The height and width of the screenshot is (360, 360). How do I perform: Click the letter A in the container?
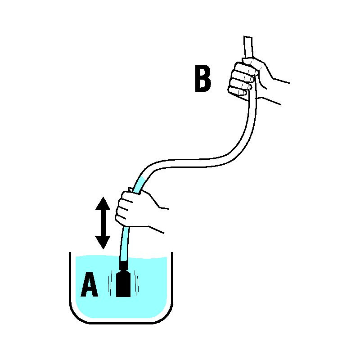(89, 284)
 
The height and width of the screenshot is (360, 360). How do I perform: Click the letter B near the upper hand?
(203, 78)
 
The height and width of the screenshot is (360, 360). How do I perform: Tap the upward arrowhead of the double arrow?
(103, 204)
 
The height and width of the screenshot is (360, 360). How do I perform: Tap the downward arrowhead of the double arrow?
(103, 243)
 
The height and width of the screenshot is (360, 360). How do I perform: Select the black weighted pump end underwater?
(123, 284)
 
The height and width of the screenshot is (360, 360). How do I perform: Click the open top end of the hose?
(248, 37)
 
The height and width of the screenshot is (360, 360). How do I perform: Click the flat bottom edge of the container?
(121, 323)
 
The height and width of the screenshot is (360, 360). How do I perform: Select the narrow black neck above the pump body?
(123, 266)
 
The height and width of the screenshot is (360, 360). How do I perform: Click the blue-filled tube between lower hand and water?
(124, 243)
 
